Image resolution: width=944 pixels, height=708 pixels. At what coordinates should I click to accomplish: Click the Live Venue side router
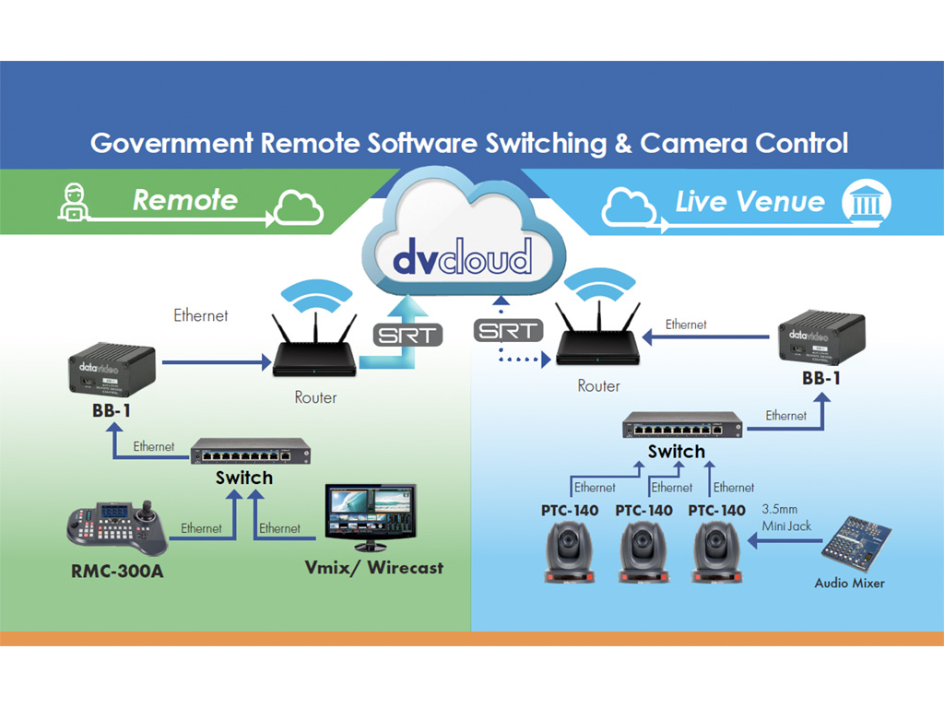click(600, 347)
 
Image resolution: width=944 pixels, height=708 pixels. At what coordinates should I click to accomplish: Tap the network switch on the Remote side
click(250, 454)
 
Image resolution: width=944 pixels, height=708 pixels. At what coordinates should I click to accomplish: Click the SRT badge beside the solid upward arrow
click(406, 335)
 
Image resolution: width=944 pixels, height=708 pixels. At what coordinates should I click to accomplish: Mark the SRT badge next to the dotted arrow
click(509, 330)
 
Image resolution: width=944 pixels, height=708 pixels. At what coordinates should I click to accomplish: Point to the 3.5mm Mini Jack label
click(786, 515)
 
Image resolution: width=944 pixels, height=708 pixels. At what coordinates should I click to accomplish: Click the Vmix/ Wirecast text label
click(373, 567)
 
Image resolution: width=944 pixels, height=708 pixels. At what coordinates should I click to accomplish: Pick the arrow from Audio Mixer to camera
click(783, 543)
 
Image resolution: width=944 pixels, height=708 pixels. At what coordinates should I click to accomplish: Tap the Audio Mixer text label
click(849, 583)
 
